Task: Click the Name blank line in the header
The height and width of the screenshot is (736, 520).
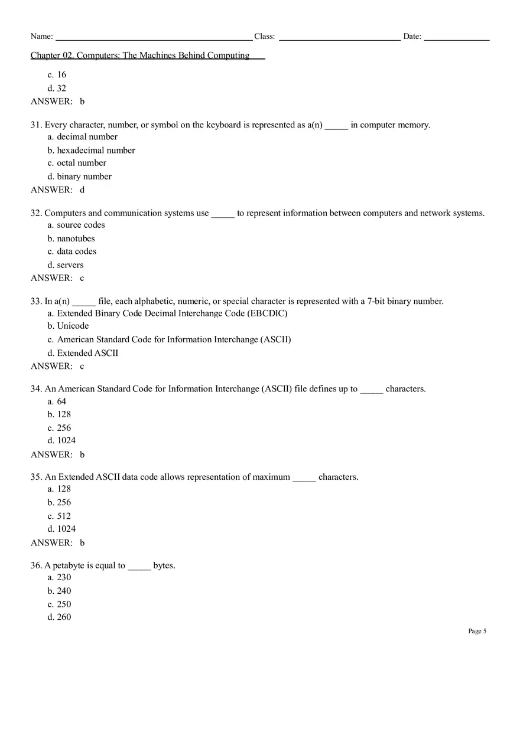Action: click(154, 38)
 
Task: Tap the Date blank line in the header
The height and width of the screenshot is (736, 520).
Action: click(456, 38)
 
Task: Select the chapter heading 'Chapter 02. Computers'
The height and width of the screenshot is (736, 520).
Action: click(141, 55)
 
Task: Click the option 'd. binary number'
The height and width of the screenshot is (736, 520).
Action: click(80, 176)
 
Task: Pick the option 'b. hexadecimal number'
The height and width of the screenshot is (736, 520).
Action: click(92, 151)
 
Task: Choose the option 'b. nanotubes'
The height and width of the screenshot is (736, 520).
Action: click(71, 238)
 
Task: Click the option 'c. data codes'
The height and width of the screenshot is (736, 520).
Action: click(72, 251)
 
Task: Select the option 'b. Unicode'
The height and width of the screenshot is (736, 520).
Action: click(69, 326)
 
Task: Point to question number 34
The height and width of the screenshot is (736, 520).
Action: click(36, 389)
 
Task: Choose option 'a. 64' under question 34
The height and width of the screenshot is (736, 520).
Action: click(57, 401)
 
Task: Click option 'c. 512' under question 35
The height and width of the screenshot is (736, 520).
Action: click(59, 516)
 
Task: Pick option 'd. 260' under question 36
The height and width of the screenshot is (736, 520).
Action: click(60, 617)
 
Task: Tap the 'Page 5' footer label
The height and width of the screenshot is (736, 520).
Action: click(477, 631)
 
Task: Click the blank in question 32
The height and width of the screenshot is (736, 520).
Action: click(223, 214)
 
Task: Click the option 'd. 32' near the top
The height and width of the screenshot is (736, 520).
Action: click(57, 88)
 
